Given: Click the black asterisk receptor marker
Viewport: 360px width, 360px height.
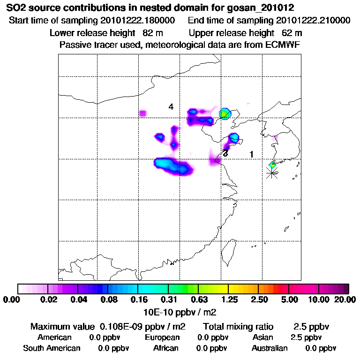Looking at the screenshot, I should [x=271, y=173].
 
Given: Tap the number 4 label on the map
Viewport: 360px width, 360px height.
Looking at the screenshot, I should [x=171, y=107].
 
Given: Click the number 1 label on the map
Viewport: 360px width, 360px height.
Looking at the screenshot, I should [x=252, y=154].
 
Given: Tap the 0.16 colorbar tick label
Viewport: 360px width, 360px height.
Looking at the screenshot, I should [x=138, y=300].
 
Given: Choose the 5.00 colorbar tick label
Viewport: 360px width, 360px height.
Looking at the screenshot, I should [x=289, y=300].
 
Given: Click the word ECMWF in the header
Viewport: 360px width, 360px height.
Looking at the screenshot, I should [x=283, y=45].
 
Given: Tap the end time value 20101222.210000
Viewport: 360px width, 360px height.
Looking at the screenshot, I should [x=313, y=21].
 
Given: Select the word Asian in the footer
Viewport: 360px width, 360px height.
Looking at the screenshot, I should [x=263, y=337].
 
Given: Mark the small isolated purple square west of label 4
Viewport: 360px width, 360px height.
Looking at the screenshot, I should [x=143, y=113].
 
